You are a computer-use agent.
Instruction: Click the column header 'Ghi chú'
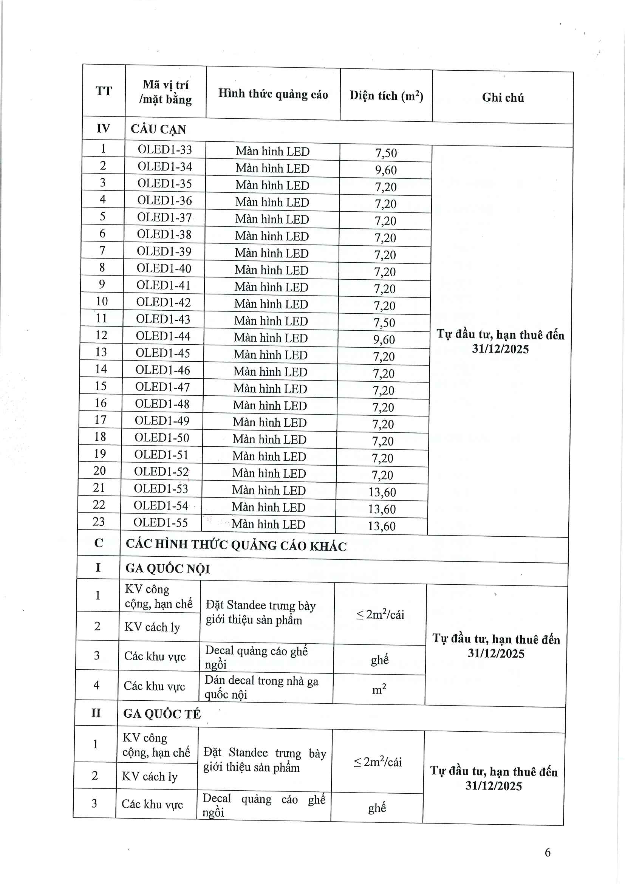503,98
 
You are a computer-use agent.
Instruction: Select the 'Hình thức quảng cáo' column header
273,94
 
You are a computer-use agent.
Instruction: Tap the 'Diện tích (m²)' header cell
386,96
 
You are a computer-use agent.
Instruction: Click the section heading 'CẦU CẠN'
158,129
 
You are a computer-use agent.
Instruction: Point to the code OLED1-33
165,149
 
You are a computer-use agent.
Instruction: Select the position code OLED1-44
163,336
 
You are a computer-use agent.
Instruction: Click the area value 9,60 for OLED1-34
386,170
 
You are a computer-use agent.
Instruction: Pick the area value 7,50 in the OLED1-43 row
384,323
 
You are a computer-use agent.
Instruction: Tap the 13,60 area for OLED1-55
381,526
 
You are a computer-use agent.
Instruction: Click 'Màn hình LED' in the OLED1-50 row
269,439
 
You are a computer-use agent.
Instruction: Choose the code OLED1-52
161,472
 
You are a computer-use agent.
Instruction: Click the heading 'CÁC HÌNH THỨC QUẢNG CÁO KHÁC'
236,545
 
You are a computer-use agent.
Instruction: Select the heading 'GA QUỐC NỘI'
167,569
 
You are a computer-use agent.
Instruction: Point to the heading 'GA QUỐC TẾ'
162,714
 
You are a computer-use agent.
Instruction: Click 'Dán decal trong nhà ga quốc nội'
261,687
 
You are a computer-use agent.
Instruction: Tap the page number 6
547,852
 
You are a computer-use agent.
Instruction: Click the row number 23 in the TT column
99,522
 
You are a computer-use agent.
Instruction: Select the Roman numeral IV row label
103,128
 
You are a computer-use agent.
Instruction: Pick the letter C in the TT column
99,543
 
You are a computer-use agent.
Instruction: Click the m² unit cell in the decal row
379,689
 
